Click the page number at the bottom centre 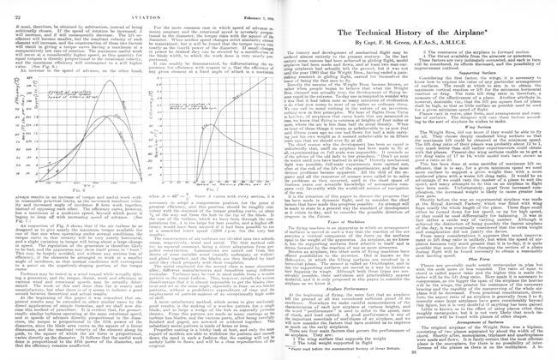(278, 356)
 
